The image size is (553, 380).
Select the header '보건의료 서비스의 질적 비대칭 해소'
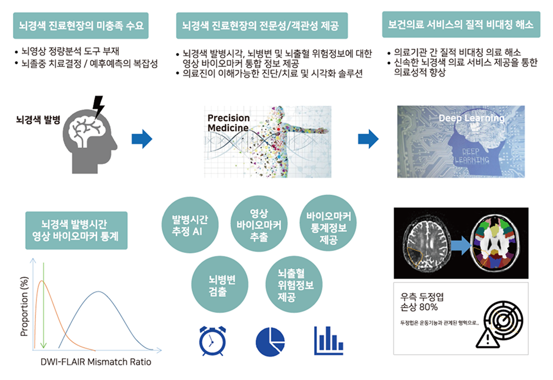click(x=460, y=26)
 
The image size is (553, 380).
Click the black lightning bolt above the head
click(x=98, y=106)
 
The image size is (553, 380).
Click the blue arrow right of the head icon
click(x=142, y=139)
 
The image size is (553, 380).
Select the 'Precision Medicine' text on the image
click(x=228, y=124)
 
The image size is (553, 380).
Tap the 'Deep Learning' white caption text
click(x=471, y=118)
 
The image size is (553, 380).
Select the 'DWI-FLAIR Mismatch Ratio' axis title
click(x=96, y=362)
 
